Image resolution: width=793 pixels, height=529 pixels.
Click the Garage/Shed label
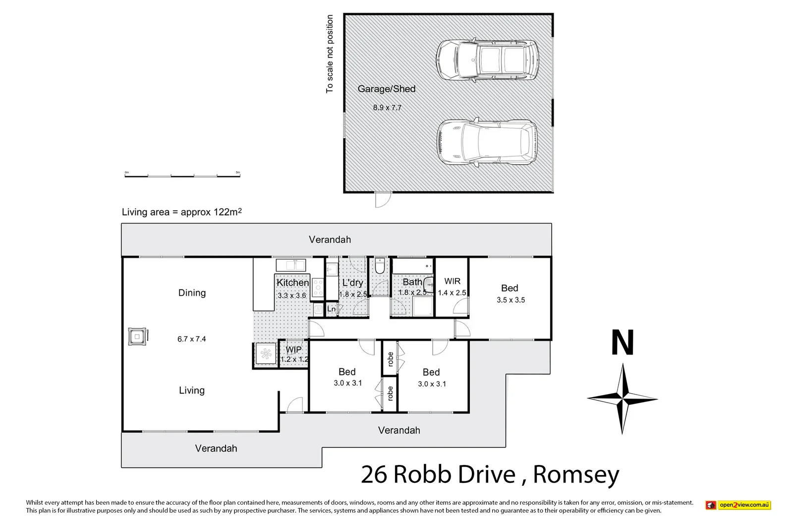pos(387,89)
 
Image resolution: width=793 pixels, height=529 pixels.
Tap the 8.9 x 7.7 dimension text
pos(387,108)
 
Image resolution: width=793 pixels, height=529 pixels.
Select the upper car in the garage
pos(486,59)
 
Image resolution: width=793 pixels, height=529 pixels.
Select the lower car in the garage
pos(487,142)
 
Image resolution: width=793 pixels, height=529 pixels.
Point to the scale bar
pos(182,175)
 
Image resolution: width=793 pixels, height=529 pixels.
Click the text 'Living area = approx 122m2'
pos(181,212)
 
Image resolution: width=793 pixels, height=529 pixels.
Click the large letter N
pos(623,343)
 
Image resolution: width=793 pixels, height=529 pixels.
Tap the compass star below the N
pos(623,399)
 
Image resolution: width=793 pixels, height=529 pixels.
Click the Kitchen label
pos(292,283)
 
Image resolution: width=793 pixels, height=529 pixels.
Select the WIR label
pos(452,281)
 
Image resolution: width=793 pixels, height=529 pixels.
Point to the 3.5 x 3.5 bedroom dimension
pos(510,300)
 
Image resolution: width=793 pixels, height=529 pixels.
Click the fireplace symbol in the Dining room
pos(137,337)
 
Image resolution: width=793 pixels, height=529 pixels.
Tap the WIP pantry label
pos(293,350)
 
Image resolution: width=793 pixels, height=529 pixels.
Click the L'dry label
pos(352,283)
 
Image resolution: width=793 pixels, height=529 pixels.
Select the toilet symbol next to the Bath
pos(380,267)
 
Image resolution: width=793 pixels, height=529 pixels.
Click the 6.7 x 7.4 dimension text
pos(192,339)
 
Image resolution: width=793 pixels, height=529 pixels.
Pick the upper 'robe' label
pos(390,358)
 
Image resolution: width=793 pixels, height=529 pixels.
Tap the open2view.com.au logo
pos(738,505)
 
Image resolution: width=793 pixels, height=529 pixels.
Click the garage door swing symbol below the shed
pos(382,199)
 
